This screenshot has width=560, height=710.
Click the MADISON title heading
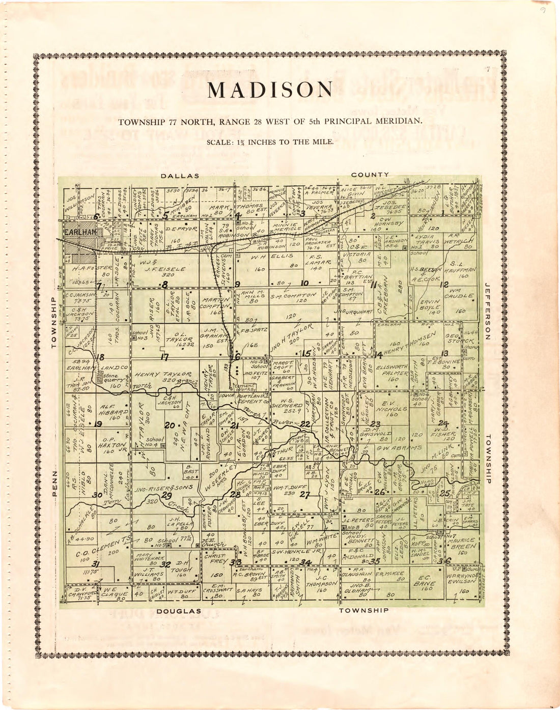click(270, 90)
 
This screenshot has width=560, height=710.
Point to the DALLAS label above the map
click(180, 176)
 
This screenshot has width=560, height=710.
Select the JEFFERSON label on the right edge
click(487, 311)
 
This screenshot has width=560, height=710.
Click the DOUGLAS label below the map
click(179, 611)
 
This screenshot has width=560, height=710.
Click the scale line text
click(270, 142)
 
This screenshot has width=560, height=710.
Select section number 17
click(164, 357)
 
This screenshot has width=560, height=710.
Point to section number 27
click(304, 494)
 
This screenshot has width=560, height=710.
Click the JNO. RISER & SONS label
click(158, 488)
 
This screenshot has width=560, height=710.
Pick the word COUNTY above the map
click(370, 175)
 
